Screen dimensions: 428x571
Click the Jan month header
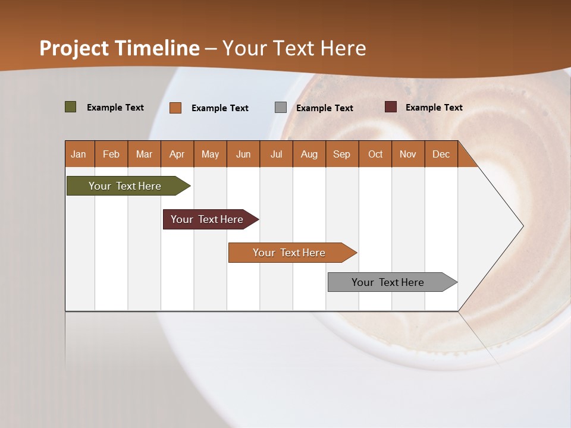click(x=79, y=154)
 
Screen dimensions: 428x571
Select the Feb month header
click(x=111, y=154)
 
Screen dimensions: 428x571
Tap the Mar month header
click(x=144, y=154)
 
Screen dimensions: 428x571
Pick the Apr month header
click(x=177, y=154)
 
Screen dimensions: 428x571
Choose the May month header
click(x=210, y=154)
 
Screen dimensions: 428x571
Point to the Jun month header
click(x=243, y=154)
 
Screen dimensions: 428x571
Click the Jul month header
click(x=276, y=154)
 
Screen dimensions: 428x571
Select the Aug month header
click(x=309, y=154)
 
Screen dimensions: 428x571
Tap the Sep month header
click(x=342, y=154)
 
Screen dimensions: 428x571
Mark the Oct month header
click(x=375, y=154)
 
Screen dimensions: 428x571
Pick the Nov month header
click(x=408, y=154)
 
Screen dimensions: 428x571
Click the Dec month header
click(x=441, y=154)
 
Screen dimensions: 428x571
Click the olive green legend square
click(x=71, y=107)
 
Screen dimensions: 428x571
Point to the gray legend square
click(x=281, y=108)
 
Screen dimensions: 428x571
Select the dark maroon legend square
click(x=391, y=107)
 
